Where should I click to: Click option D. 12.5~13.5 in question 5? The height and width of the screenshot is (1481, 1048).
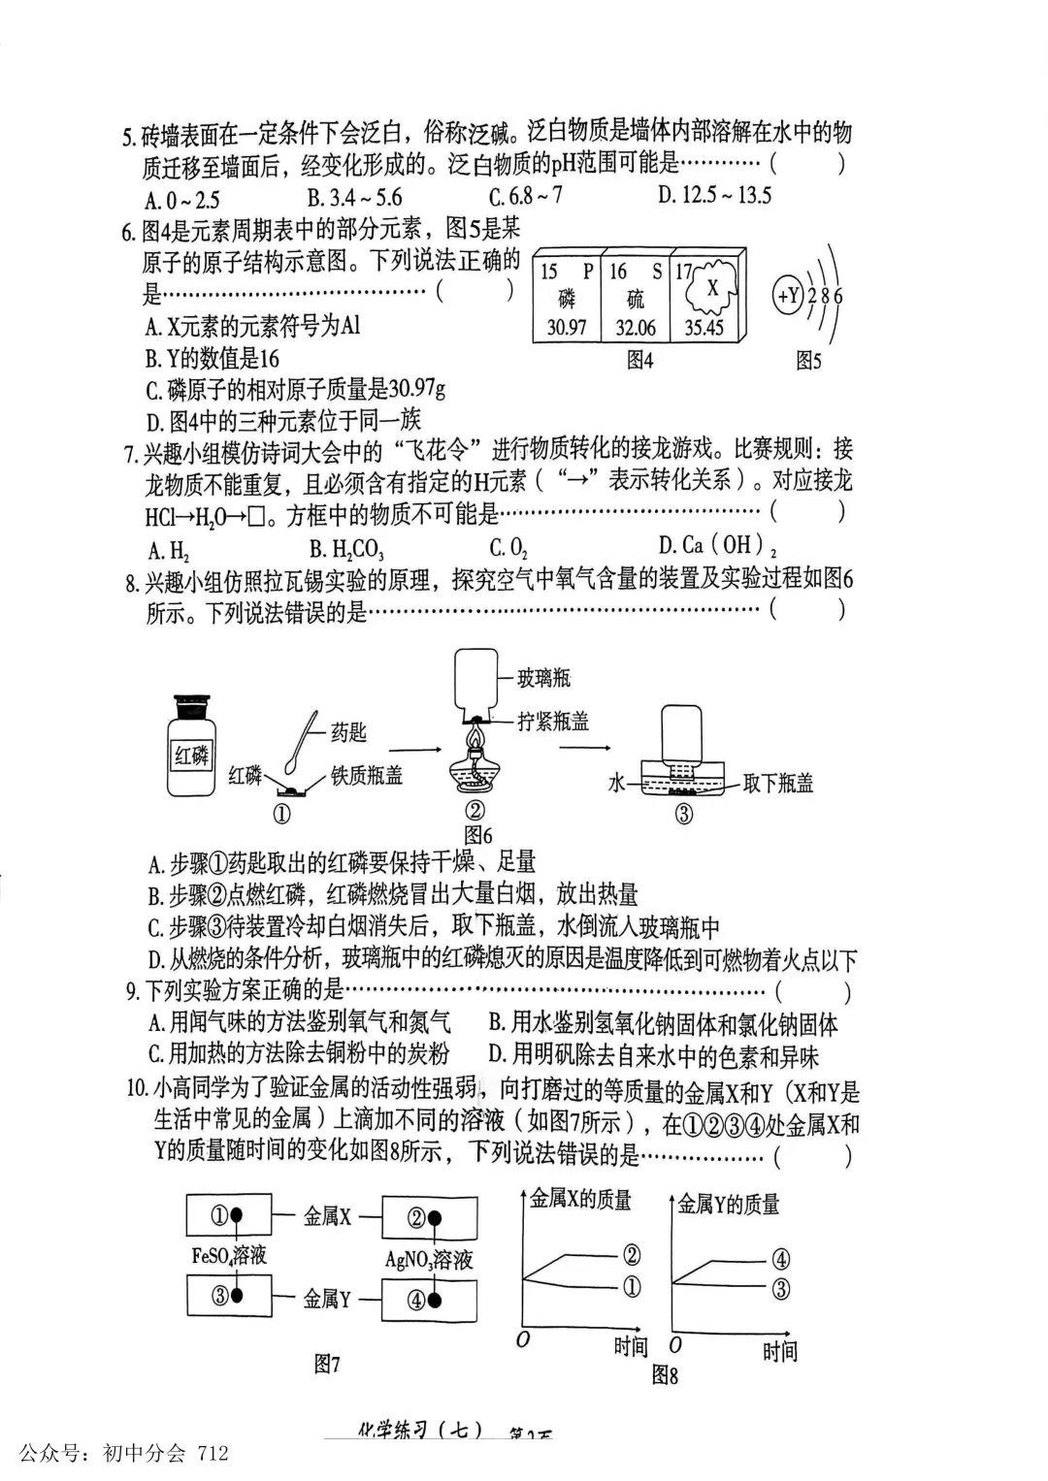click(713, 195)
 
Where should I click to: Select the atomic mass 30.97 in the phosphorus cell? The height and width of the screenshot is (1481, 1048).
click(567, 327)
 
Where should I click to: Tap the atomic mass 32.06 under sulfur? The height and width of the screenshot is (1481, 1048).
click(636, 327)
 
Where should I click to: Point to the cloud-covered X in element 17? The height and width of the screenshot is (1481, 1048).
click(712, 288)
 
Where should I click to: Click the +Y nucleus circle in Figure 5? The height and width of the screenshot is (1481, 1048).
click(787, 295)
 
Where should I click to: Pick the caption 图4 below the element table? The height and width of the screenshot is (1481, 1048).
click(639, 361)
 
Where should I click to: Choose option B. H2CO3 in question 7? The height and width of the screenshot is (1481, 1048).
click(346, 550)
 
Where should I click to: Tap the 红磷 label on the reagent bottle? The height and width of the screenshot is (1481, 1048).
click(191, 755)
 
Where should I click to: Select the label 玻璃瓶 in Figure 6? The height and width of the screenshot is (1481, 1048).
click(543, 678)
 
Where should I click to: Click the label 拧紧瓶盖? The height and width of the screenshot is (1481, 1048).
click(552, 721)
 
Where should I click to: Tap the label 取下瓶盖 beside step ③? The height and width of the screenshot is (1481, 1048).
click(777, 783)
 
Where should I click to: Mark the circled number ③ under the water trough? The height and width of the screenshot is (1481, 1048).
click(684, 814)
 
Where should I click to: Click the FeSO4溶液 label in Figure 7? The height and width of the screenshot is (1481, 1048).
click(229, 1256)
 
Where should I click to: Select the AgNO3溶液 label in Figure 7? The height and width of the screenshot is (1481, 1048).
click(429, 1259)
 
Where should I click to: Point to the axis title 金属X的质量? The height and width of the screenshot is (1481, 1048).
click(580, 1200)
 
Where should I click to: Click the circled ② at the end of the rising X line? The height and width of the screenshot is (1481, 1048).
click(632, 1254)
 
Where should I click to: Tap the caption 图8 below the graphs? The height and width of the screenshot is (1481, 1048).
click(665, 1374)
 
